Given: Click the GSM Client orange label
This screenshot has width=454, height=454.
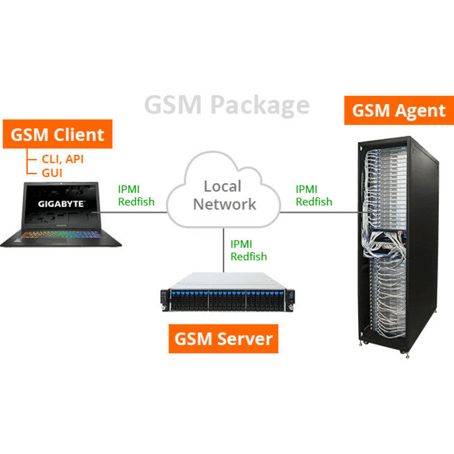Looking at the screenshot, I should (57, 134).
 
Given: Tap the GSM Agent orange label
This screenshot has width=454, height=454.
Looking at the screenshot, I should (398, 111).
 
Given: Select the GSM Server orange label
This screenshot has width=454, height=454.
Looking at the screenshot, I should (224, 338).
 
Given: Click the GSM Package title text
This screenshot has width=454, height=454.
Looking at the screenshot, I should (227, 104).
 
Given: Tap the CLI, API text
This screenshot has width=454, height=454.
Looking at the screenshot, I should (63, 158).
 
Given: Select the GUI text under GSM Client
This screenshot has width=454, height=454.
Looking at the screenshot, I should (52, 172).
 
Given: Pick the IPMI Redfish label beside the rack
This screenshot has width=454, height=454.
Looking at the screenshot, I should (314, 195).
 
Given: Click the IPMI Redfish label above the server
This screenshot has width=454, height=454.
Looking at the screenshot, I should (248, 250).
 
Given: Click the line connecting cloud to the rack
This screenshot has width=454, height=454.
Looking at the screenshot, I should (316, 213).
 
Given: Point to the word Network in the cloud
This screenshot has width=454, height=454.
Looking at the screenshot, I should (225, 203).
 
